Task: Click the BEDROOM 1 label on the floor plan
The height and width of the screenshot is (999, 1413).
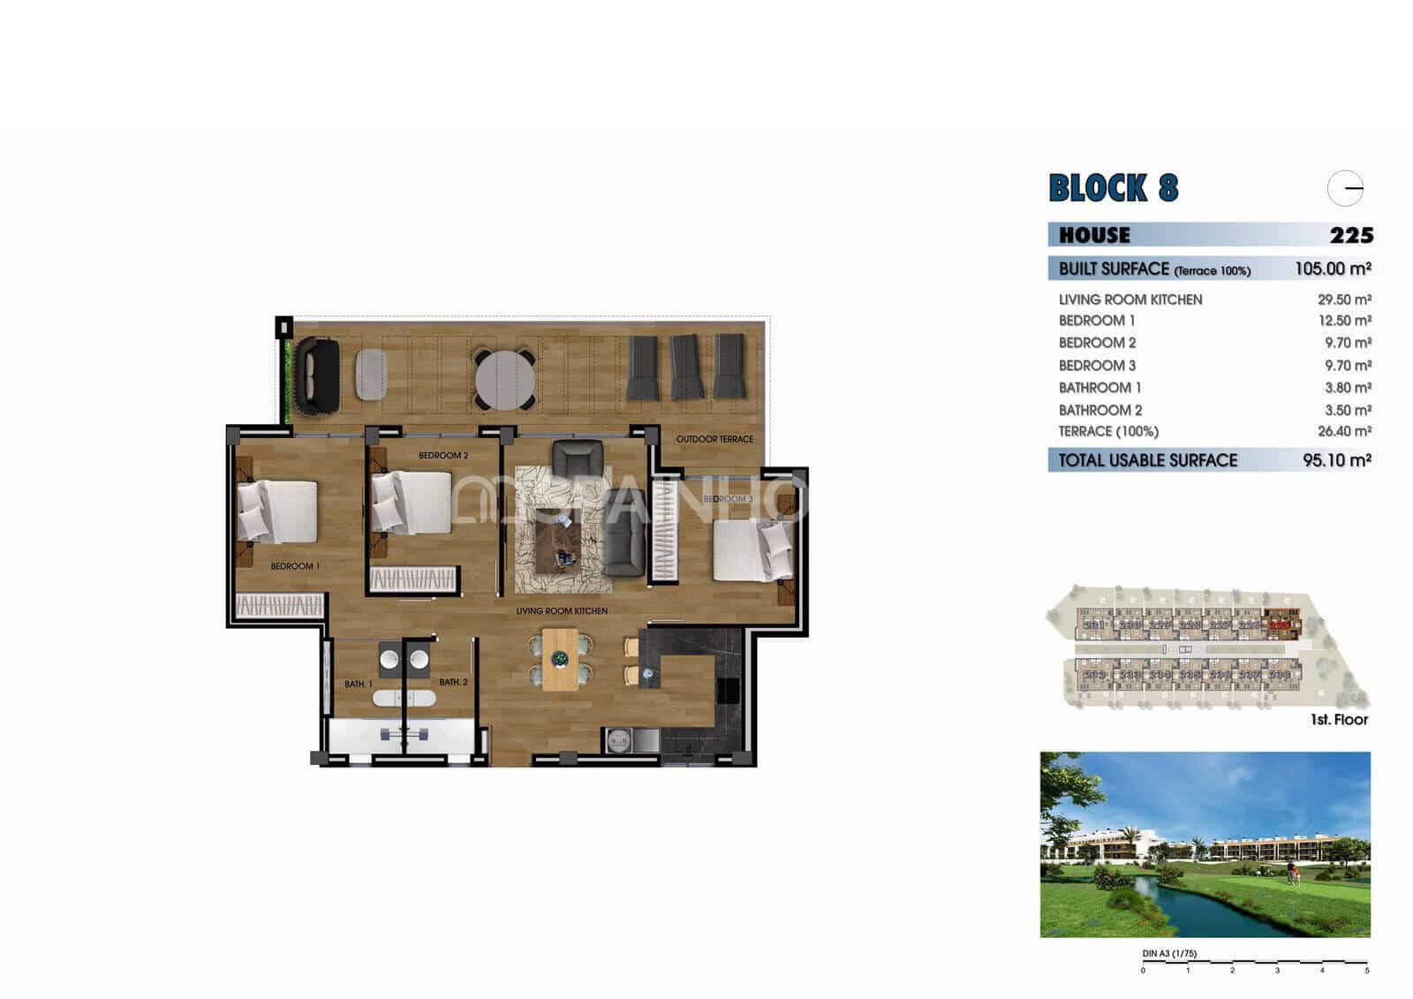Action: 294,566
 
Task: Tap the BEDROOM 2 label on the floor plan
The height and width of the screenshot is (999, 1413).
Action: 443,456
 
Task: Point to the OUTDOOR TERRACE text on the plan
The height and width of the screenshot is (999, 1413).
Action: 714,439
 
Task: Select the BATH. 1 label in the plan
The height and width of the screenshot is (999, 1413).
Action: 358,685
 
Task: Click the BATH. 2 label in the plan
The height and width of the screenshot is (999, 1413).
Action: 453,682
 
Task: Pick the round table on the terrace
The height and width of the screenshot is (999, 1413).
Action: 504,380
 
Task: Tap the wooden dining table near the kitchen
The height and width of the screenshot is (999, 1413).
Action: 560,659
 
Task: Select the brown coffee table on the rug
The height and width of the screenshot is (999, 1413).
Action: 562,541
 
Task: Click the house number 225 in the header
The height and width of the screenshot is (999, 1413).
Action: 1351,235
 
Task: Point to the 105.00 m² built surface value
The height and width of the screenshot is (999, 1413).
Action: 1332,269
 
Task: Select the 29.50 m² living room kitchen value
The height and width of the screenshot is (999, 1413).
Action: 1343,299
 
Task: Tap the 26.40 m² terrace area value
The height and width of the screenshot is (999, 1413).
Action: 1343,432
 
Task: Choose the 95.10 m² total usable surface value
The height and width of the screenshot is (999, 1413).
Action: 1336,460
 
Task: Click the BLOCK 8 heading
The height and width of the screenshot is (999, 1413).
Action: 1113,188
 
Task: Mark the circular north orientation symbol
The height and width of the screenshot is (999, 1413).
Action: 1345,188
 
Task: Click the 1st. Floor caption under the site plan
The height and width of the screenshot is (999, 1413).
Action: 1339,720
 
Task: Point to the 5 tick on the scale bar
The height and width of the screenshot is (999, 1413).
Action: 1366,970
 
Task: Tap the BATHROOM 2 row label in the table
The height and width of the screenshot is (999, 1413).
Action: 1099,411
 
